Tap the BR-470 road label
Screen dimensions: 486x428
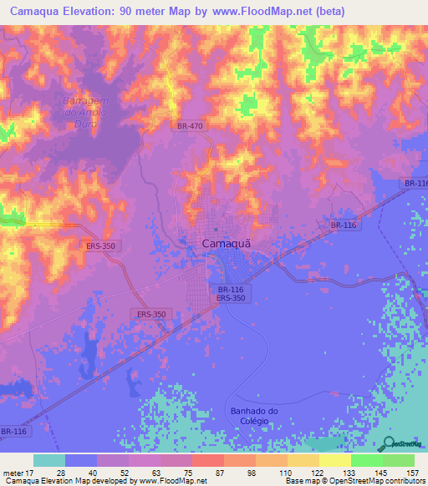(x=190, y=126)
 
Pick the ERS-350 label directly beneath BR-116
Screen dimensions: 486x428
(x=230, y=297)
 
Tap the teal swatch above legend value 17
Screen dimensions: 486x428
(x=49, y=460)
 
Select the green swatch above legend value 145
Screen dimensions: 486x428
(x=366, y=460)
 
